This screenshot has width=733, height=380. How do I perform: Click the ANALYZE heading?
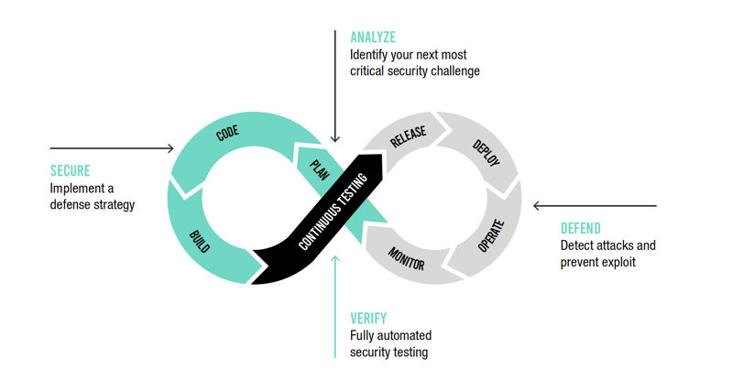[373, 38]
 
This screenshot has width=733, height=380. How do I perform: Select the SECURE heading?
[70, 171]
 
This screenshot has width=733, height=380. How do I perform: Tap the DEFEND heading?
[580, 228]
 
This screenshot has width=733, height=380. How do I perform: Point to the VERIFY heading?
[368, 319]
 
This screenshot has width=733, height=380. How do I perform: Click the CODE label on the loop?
[227, 134]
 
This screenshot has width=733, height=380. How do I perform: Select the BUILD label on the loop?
[200, 242]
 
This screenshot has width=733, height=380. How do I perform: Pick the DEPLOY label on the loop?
[485, 153]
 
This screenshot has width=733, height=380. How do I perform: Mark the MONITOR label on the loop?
[406, 259]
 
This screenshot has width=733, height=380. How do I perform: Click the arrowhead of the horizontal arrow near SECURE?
[170, 148]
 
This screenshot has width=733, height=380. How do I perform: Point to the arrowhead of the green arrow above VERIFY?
[335, 260]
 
